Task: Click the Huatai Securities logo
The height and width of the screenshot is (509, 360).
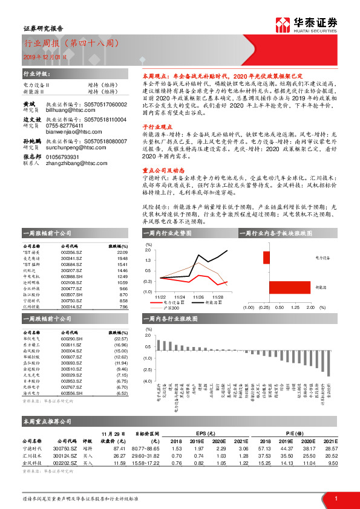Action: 306,24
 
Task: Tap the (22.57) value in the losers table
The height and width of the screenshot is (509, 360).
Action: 121,339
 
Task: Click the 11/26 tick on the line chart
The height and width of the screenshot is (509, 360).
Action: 198,297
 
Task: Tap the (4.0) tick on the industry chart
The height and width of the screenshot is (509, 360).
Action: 147,381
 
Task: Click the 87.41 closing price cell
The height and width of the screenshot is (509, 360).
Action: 119,449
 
